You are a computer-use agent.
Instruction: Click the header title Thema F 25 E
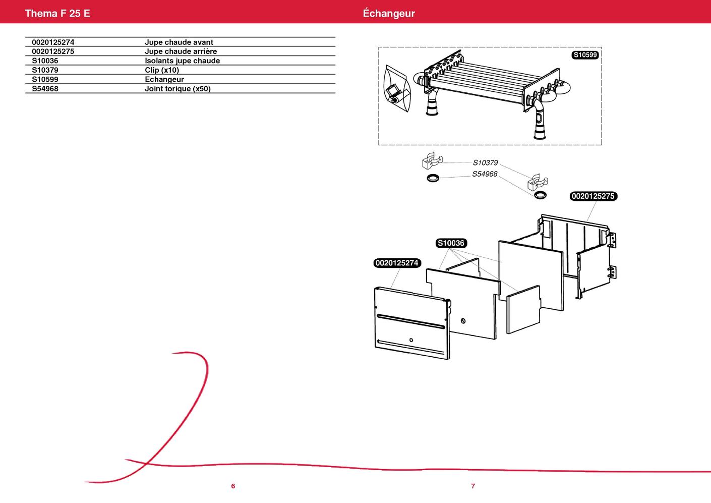click(57, 14)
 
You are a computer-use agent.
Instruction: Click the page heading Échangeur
click(388, 14)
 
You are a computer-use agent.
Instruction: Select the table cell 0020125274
click(53, 42)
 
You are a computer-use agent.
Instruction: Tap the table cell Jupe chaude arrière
click(181, 51)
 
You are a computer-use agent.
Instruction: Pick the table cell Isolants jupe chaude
click(182, 61)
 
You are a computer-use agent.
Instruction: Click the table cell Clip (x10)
click(161, 70)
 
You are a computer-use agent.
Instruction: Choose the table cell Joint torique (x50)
click(177, 89)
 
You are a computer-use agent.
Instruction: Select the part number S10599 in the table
click(45, 80)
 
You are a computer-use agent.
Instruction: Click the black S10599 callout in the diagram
click(585, 55)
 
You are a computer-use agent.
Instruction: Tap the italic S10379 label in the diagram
click(485, 163)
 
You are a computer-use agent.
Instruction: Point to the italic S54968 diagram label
click(485, 174)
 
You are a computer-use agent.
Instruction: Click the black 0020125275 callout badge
click(594, 196)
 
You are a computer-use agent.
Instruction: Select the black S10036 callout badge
click(451, 243)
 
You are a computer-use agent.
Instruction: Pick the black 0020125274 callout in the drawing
click(397, 263)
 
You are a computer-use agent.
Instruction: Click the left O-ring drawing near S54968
click(433, 178)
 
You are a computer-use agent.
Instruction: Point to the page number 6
click(233, 486)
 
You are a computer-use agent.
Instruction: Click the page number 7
click(473, 486)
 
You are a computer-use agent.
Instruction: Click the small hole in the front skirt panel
click(411, 340)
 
